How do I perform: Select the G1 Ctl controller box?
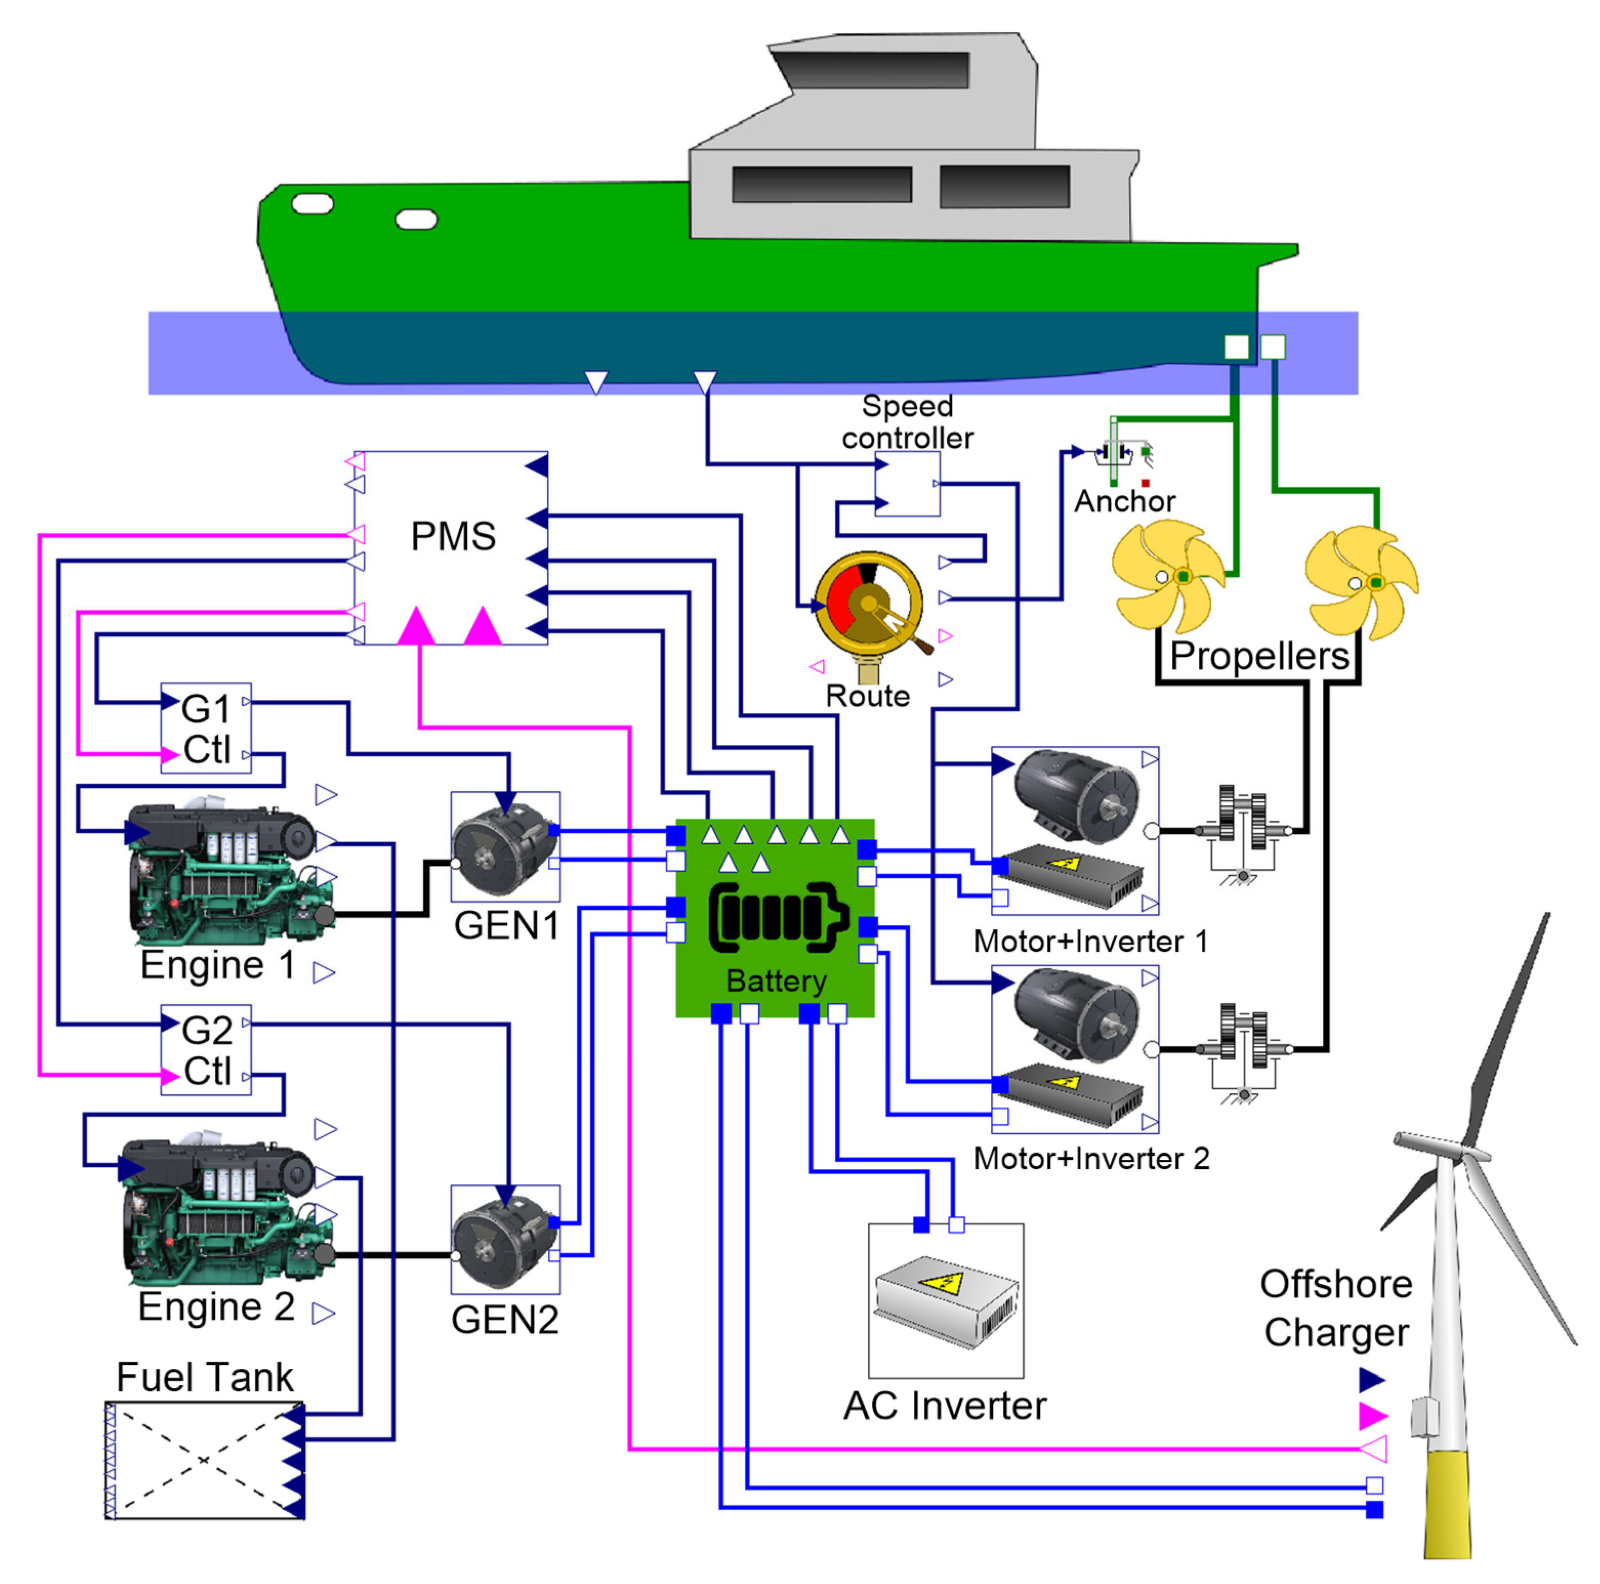[x=205, y=728]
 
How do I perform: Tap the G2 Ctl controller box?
[x=205, y=1050]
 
